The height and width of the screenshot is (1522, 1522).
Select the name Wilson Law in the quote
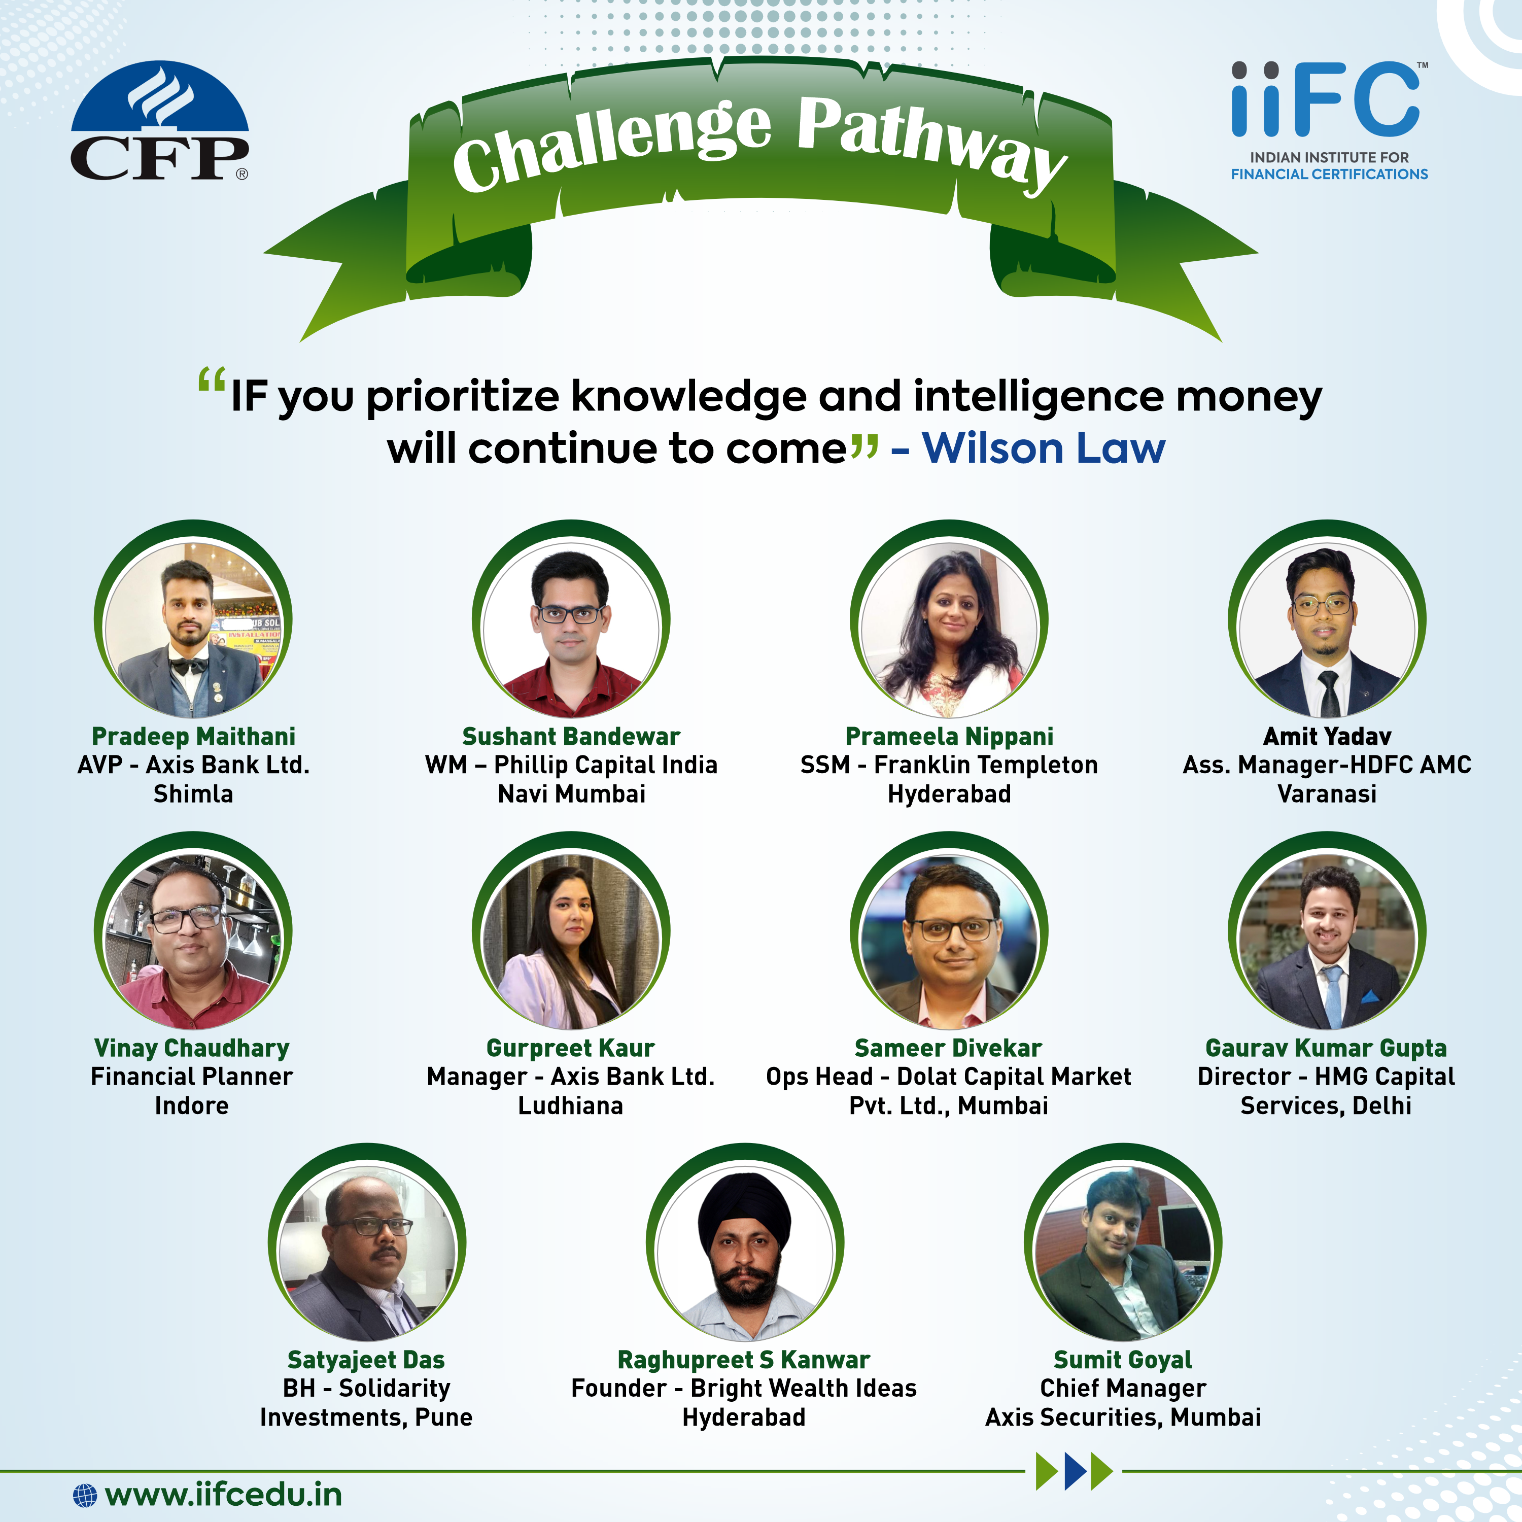1043,448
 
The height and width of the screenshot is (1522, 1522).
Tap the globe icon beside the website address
85,1495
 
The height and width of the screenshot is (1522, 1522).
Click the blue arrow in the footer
1076,1471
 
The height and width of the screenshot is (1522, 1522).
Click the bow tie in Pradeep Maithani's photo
189,667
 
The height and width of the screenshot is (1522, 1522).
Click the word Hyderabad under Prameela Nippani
949,793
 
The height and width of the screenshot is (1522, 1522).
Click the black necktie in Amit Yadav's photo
1329,693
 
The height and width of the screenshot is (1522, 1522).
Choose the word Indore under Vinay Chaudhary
191,1105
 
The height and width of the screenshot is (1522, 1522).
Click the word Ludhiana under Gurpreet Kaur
570,1105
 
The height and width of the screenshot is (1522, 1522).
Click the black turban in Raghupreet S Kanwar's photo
744,1210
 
